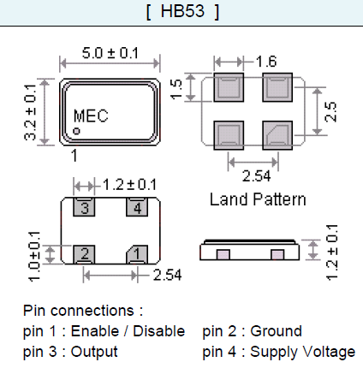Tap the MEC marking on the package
click(92, 116)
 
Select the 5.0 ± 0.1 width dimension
click(109, 54)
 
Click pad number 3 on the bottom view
click(84, 207)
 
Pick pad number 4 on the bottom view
click(134, 207)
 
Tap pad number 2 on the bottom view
click(84, 253)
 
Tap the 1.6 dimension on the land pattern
click(265, 61)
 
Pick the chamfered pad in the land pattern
click(278, 134)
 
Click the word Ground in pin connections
click(277, 331)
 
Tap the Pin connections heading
click(83, 311)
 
